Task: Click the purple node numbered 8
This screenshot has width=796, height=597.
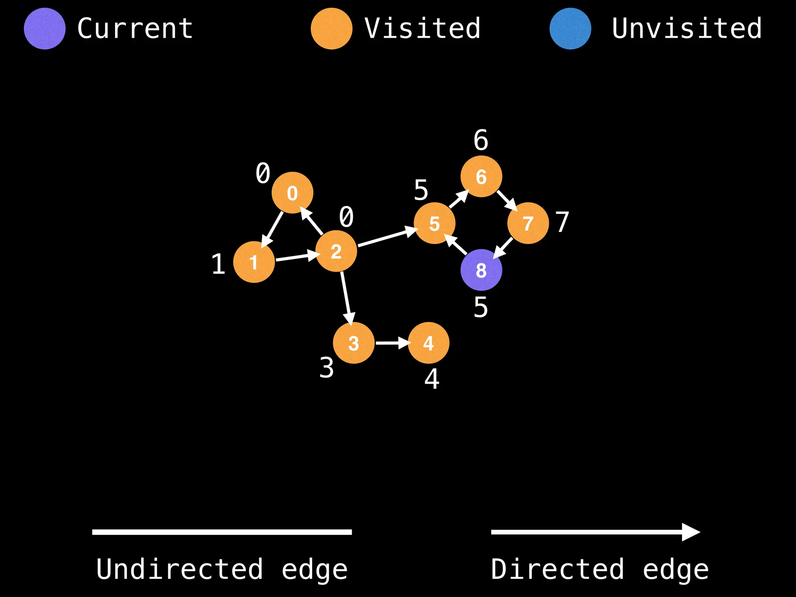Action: [481, 270]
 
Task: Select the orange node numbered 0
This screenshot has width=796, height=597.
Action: [292, 192]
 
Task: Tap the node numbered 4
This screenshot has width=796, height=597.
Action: [428, 343]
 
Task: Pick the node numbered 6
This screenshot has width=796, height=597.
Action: [481, 176]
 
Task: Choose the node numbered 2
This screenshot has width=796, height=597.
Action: [336, 251]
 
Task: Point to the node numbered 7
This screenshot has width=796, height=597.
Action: [528, 223]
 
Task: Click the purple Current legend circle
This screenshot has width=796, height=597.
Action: [45, 29]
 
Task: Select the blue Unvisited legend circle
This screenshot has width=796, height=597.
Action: [570, 29]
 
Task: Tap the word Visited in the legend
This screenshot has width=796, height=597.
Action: [422, 29]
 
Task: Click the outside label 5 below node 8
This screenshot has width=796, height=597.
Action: [481, 307]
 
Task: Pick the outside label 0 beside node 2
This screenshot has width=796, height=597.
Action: [346, 216]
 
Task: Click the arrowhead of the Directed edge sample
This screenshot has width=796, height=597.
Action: [690, 532]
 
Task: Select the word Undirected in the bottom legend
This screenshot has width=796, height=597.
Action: [180, 569]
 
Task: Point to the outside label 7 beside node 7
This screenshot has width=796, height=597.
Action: [562, 222]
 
